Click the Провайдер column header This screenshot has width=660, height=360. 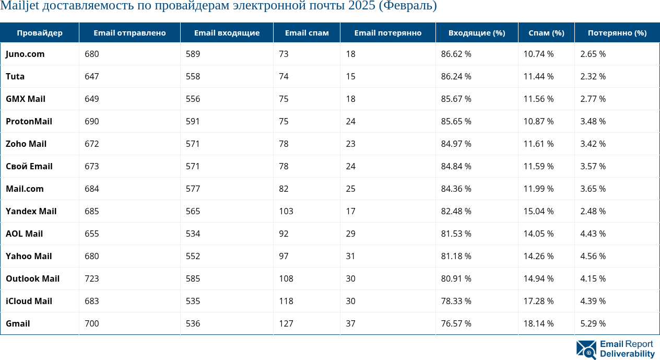pos(40,33)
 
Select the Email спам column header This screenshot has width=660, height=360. pos(307,33)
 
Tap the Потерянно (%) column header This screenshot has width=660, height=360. pos(617,33)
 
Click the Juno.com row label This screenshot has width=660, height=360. pos(25,54)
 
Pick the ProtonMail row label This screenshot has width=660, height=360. pos(29,121)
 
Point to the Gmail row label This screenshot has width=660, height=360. pos(18,323)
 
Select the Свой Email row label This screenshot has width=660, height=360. pos(29,166)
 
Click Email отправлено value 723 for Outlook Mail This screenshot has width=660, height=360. pos(92,278)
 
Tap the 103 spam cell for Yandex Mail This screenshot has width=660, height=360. pos(286,211)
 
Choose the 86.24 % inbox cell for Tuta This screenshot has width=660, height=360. pos(456,76)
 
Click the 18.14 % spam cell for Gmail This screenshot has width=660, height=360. pos(538,323)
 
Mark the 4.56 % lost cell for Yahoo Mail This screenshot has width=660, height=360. pos(593,256)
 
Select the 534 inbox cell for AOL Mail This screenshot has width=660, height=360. pos(193,234)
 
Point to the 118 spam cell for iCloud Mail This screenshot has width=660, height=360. pos(286,301)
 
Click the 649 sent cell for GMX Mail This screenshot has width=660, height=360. pos(92,99)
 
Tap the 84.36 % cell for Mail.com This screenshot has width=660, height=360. pos(456,189)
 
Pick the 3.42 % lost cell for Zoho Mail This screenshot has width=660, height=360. pos(593,144)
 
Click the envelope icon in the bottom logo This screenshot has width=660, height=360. pos(586,350)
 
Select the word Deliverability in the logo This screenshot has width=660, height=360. pos(627,354)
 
